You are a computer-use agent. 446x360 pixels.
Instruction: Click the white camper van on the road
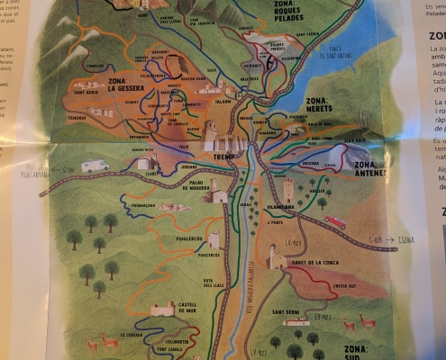96,166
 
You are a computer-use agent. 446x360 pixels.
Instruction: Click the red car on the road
335,222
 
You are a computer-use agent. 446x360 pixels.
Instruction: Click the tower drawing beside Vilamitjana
288,191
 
